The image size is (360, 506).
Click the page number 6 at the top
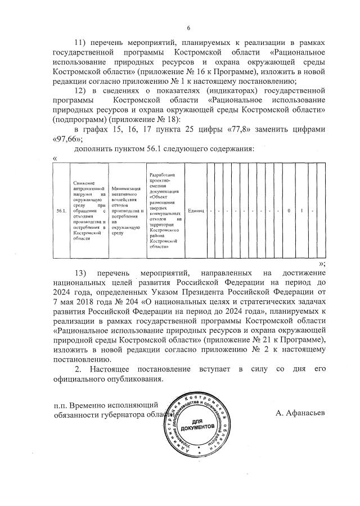pyautogui.click(x=188, y=28)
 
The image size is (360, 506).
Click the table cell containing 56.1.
pyautogui.click(x=61, y=211)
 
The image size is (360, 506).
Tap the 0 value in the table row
pyautogui.click(x=289, y=211)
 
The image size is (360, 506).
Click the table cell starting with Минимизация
pyautogui.click(x=126, y=211)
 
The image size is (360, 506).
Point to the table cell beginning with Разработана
pyautogui.click(x=164, y=211)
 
